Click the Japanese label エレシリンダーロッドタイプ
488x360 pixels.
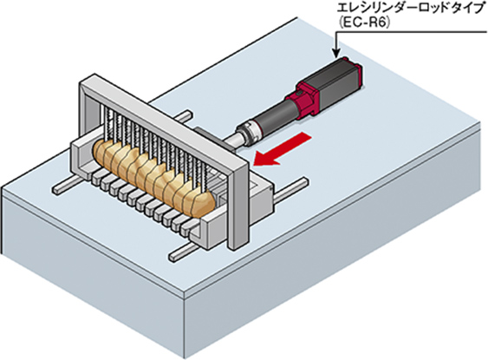pyautogui.click(x=410, y=9)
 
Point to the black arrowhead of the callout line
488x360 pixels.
pyautogui.click(x=335, y=54)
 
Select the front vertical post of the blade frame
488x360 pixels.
pyautogui.click(x=238, y=206)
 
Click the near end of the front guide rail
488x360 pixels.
pyautogui.click(x=173, y=256)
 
